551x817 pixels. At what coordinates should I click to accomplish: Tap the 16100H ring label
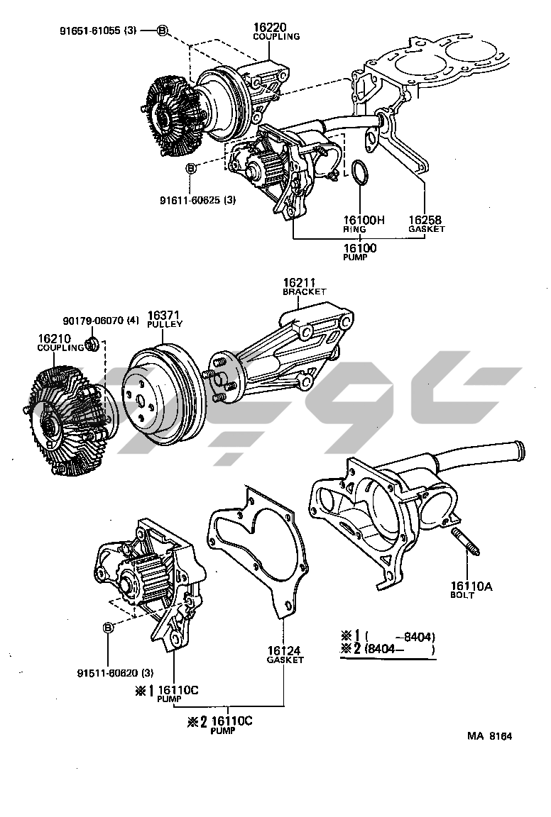363,220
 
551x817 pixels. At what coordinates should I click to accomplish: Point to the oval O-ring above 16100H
361,173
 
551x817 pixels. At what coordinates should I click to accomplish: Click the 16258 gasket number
426,220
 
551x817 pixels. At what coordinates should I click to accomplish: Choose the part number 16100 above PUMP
360,248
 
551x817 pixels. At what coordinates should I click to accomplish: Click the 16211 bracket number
299,282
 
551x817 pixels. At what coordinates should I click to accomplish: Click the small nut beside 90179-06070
91,345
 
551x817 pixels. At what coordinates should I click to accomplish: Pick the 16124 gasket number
284,650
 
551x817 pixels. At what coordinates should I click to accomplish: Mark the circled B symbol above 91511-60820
108,628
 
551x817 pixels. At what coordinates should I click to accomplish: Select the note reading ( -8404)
400,636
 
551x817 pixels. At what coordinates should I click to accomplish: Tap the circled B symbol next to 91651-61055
163,30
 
